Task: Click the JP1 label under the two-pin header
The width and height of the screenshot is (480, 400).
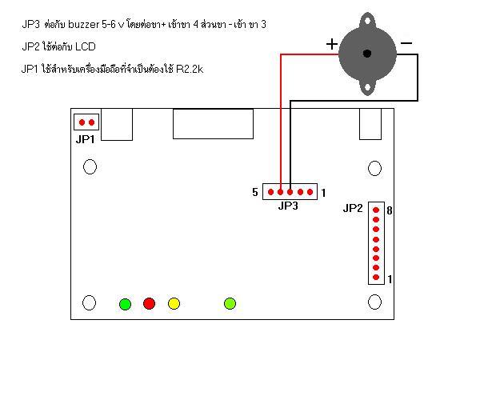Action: coord(85,139)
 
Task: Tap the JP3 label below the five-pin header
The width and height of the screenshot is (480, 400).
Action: coord(288,206)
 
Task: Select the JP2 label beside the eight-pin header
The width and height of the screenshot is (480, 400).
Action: coord(353,208)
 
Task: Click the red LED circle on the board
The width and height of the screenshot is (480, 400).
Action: coord(149,303)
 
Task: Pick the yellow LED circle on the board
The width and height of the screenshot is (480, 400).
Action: coord(174,303)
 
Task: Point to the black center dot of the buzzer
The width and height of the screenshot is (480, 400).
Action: coord(367,54)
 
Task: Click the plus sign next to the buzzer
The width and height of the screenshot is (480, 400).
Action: coord(332,44)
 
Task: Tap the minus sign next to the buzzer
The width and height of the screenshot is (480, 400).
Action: coord(406,43)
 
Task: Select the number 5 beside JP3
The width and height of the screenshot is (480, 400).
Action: coord(255,192)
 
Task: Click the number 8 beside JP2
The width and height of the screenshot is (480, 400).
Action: coord(390,210)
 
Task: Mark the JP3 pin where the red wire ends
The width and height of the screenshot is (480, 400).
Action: coord(281,192)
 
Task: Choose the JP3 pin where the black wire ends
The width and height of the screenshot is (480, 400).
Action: coord(290,192)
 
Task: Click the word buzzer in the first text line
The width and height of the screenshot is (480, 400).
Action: coord(83,24)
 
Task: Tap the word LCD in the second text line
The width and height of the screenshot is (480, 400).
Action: coord(86,46)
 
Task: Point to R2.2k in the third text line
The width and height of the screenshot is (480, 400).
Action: coord(190,69)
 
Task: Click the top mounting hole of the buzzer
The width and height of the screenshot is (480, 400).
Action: coord(368,22)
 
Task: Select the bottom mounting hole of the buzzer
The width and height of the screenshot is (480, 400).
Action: coord(367,88)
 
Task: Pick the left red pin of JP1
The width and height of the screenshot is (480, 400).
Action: coord(82,122)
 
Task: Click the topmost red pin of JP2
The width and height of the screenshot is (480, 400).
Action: coord(376,210)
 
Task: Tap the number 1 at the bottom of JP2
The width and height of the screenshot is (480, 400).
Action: coord(390,279)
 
